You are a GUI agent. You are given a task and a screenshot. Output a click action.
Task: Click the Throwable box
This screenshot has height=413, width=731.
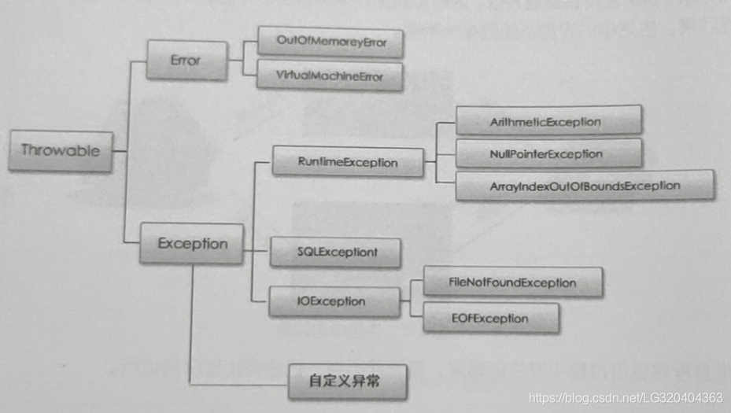[x=60, y=150]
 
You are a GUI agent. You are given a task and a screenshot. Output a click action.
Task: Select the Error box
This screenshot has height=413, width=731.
[x=186, y=61]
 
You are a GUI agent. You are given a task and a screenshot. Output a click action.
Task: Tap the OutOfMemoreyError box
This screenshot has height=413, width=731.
[x=330, y=42]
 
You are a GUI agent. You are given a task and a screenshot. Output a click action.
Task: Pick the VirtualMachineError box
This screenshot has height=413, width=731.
[x=330, y=76]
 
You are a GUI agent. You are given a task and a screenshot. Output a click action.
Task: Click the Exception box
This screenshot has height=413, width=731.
[x=191, y=243]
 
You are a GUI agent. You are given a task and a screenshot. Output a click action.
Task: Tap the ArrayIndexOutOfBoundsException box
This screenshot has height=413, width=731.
[x=585, y=186]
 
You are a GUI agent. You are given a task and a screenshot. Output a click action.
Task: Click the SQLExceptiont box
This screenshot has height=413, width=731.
[x=335, y=253]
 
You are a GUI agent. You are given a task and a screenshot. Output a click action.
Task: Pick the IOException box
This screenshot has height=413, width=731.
[x=338, y=301]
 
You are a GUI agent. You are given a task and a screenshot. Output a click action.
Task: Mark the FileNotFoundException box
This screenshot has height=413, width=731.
[x=512, y=282]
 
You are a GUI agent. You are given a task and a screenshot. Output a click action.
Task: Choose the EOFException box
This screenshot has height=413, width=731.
[x=490, y=319]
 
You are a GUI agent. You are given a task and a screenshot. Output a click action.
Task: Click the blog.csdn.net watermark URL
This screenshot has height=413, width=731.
[x=625, y=397]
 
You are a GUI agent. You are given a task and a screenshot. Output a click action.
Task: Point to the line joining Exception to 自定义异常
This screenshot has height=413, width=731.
[x=190, y=330]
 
